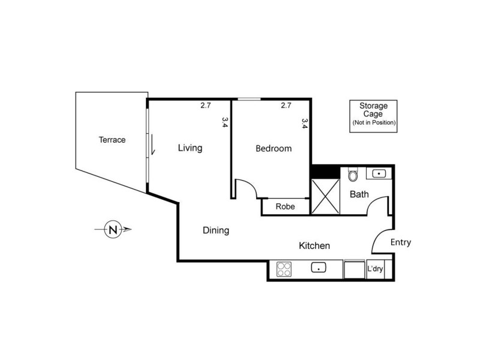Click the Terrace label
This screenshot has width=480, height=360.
[112, 140]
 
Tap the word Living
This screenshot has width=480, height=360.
[190, 148]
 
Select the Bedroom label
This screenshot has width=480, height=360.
[274, 149]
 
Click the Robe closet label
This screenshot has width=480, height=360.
[284, 207]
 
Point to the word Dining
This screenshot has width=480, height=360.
[216, 230]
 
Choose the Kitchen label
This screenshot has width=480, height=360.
[315, 245]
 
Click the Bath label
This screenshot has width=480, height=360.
[359, 194]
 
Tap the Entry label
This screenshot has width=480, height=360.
[400, 242]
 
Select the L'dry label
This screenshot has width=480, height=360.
[376, 269]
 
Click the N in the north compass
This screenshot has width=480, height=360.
[112, 229]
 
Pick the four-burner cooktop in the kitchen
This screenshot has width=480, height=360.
[284, 269]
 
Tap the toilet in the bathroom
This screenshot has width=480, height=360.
[353, 175]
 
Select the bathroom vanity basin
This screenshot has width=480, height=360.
[379, 174]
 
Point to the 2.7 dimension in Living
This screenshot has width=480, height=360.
[205, 106]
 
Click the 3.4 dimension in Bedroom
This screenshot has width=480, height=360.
[305, 124]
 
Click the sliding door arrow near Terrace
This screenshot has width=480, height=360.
[154, 146]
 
